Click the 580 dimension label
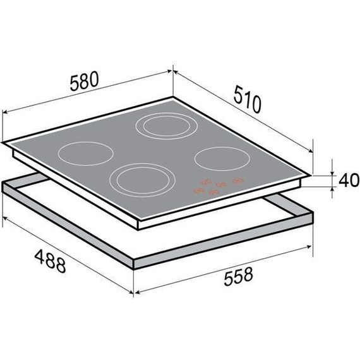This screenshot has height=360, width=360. tap(84, 81)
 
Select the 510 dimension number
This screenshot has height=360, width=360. tap(248, 99)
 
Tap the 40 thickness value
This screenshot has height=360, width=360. tap(349, 180)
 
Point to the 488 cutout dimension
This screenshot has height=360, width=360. tap(50, 261)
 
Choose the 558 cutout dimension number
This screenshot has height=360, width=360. tap(238, 276)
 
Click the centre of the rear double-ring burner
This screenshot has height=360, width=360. tap(167, 126)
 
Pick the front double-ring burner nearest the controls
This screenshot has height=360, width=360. tap(143, 180)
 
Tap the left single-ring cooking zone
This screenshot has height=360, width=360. tap(86, 153)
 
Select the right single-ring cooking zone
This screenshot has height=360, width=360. tap(222, 159)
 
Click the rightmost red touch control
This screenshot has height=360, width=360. tap(237, 181)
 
